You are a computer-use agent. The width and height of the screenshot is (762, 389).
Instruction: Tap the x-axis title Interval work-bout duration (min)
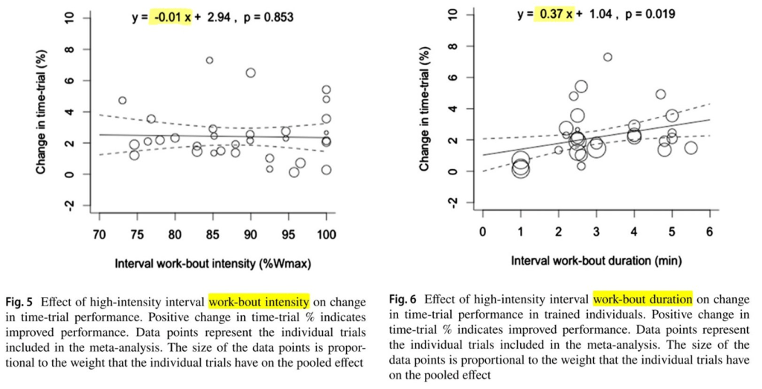[596, 261]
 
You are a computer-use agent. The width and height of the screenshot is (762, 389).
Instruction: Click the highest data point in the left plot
[210, 60]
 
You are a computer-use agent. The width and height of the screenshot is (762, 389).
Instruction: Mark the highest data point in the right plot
[607, 57]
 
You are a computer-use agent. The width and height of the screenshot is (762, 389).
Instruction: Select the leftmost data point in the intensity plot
[122, 101]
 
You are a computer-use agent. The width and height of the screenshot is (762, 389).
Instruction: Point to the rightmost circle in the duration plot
[691, 148]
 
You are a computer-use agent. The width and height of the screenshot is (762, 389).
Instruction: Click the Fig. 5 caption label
[20, 302]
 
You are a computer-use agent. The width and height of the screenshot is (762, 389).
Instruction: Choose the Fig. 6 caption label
[405, 299]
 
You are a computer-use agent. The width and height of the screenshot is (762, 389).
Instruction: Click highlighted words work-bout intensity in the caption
[259, 302]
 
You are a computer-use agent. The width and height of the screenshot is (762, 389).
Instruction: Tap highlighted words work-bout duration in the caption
[643, 299]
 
